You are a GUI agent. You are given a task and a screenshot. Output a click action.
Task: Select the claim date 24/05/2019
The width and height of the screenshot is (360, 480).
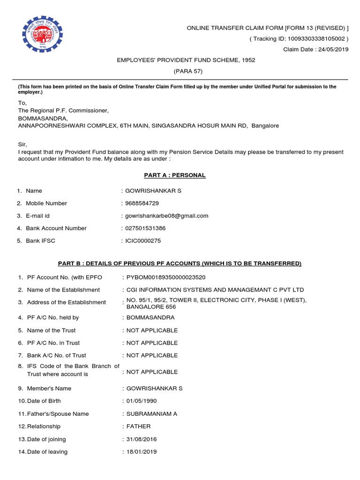tap(333, 50)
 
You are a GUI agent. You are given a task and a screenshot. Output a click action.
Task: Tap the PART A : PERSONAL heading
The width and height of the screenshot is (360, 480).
tap(174, 175)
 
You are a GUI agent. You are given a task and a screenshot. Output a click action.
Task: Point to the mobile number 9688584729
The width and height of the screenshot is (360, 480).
tap(142, 203)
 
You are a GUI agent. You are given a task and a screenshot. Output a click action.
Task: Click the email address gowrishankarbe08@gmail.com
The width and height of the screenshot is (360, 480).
tap(166, 216)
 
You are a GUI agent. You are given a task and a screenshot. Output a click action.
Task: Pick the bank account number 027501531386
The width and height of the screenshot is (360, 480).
tap(145, 228)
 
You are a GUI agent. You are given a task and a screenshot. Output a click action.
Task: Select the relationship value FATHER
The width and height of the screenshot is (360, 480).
tap(138, 427)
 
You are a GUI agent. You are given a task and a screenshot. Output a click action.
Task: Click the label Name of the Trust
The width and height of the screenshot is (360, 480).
tap(51, 330)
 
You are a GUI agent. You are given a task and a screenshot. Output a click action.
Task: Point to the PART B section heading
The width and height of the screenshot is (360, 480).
tap(180, 263)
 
